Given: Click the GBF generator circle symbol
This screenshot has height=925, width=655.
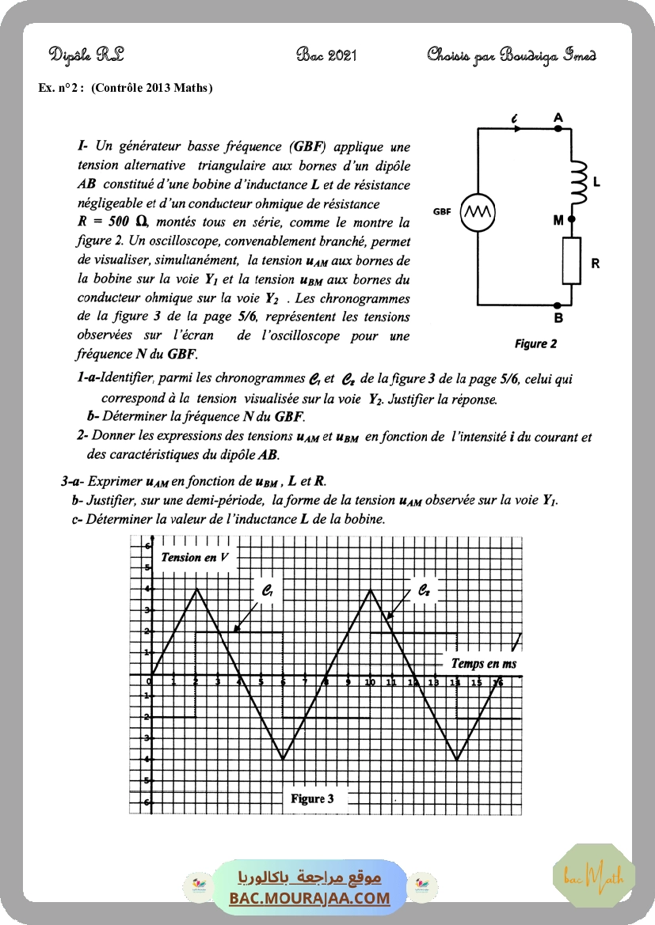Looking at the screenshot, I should (x=478, y=212).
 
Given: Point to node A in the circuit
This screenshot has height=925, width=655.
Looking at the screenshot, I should (x=558, y=127).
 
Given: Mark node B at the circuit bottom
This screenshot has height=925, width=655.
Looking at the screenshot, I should (x=559, y=305).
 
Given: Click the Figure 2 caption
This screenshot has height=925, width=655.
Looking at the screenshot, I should (x=535, y=343).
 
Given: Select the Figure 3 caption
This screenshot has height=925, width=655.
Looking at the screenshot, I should (x=312, y=798).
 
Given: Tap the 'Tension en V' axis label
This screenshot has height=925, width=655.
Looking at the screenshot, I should (x=195, y=557).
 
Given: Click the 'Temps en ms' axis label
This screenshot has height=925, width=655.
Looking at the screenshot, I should (x=483, y=663).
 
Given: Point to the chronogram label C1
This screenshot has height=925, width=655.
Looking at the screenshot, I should (x=268, y=590).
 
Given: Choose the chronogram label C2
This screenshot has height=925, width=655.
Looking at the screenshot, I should (x=425, y=590).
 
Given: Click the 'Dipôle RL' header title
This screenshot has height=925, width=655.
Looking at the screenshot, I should (x=86, y=55).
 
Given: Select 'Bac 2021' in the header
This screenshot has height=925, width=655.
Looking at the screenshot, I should (x=327, y=55).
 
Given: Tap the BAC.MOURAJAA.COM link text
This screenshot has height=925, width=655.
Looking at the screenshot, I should (x=310, y=898).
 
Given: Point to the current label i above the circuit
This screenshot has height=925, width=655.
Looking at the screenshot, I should (x=515, y=119).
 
